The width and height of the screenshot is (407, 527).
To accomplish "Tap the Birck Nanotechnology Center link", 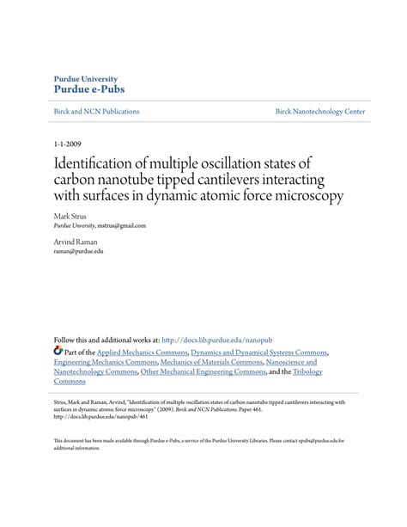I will coord(319,112).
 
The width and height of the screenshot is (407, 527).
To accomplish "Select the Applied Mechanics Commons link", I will coord(140,352).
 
